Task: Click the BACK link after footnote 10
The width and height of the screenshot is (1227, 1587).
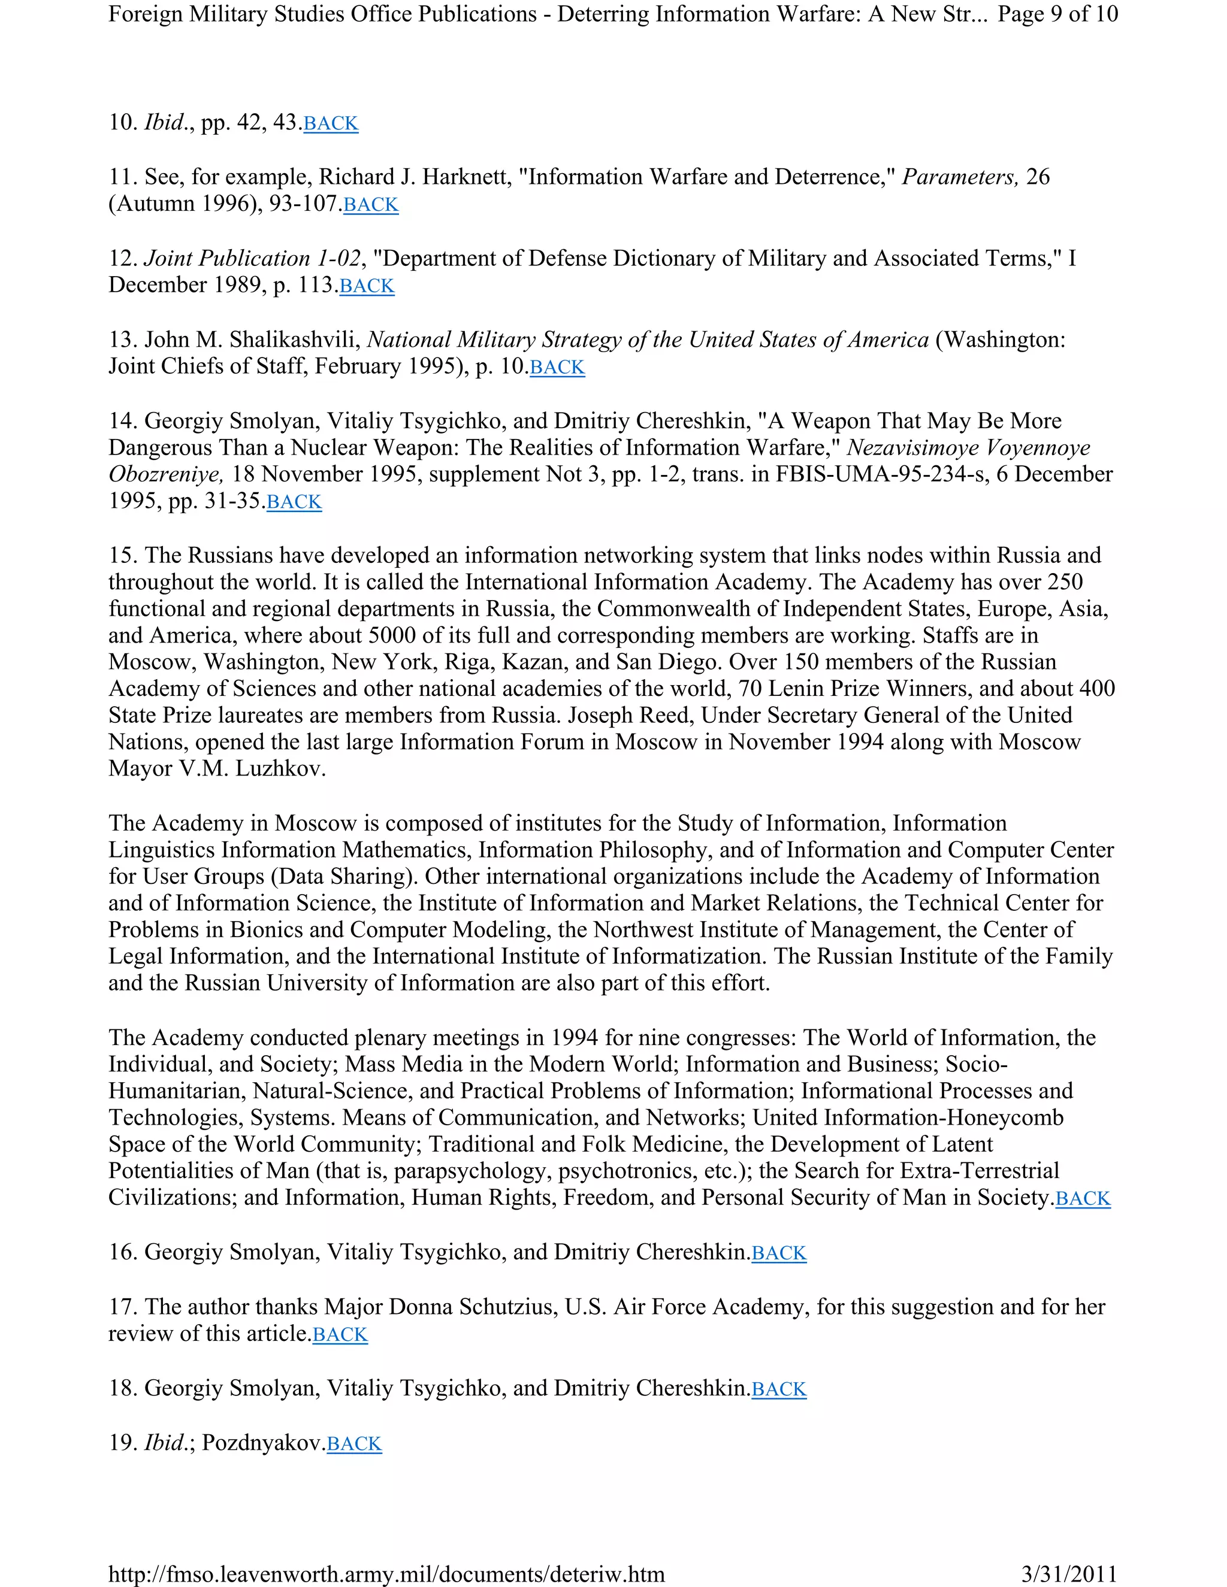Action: point(331,123)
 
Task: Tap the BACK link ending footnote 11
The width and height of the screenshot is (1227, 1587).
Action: point(371,205)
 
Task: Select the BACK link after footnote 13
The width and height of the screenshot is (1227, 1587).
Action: point(557,368)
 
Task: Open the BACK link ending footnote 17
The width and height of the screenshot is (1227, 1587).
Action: point(340,1335)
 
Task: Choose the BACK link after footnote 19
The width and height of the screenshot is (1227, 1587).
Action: point(354,1444)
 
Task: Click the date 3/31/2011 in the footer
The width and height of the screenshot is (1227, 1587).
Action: point(1069,1574)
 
